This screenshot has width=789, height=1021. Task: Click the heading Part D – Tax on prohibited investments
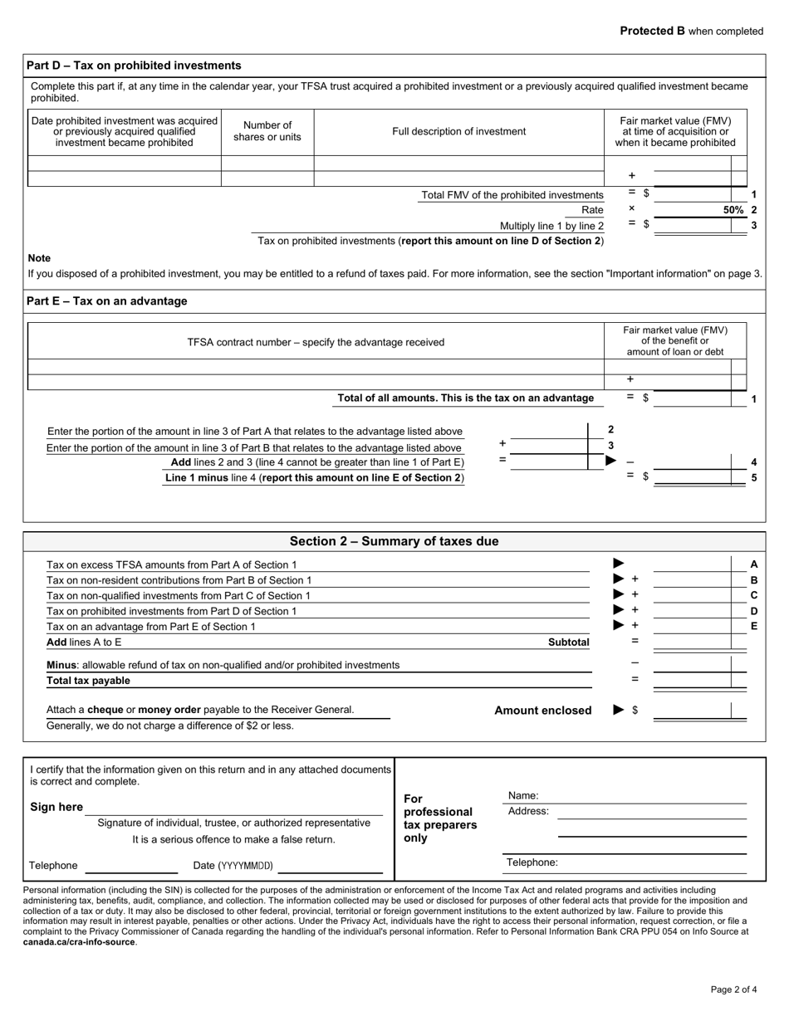pyautogui.click(x=134, y=66)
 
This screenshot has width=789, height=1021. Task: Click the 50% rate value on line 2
pyautogui.click(x=733, y=210)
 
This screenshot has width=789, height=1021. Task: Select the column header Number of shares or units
pyautogui.click(x=267, y=131)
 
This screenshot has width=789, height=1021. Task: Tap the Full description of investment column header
pyautogui.click(x=458, y=131)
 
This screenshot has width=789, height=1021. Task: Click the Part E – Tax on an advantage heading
pyautogui.click(x=107, y=301)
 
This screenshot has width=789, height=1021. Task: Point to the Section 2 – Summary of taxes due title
pyautogui.click(x=394, y=542)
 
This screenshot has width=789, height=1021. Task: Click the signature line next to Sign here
pyautogui.click(x=234, y=808)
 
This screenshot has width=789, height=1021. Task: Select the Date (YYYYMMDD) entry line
pyautogui.click(x=330, y=866)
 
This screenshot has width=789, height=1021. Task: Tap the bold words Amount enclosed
pyautogui.click(x=542, y=711)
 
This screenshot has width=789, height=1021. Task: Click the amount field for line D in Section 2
pyautogui.click(x=691, y=611)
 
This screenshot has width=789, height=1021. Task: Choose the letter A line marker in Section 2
pyautogui.click(x=754, y=564)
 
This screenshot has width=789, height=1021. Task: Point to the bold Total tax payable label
pyautogui.click(x=88, y=681)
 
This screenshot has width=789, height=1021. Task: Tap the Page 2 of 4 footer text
pyautogui.click(x=733, y=989)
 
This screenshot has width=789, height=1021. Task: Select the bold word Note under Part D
pyautogui.click(x=39, y=258)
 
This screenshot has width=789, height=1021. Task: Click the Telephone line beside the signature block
pyautogui.click(x=131, y=866)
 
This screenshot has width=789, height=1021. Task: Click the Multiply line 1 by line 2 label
pyautogui.click(x=551, y=226)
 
